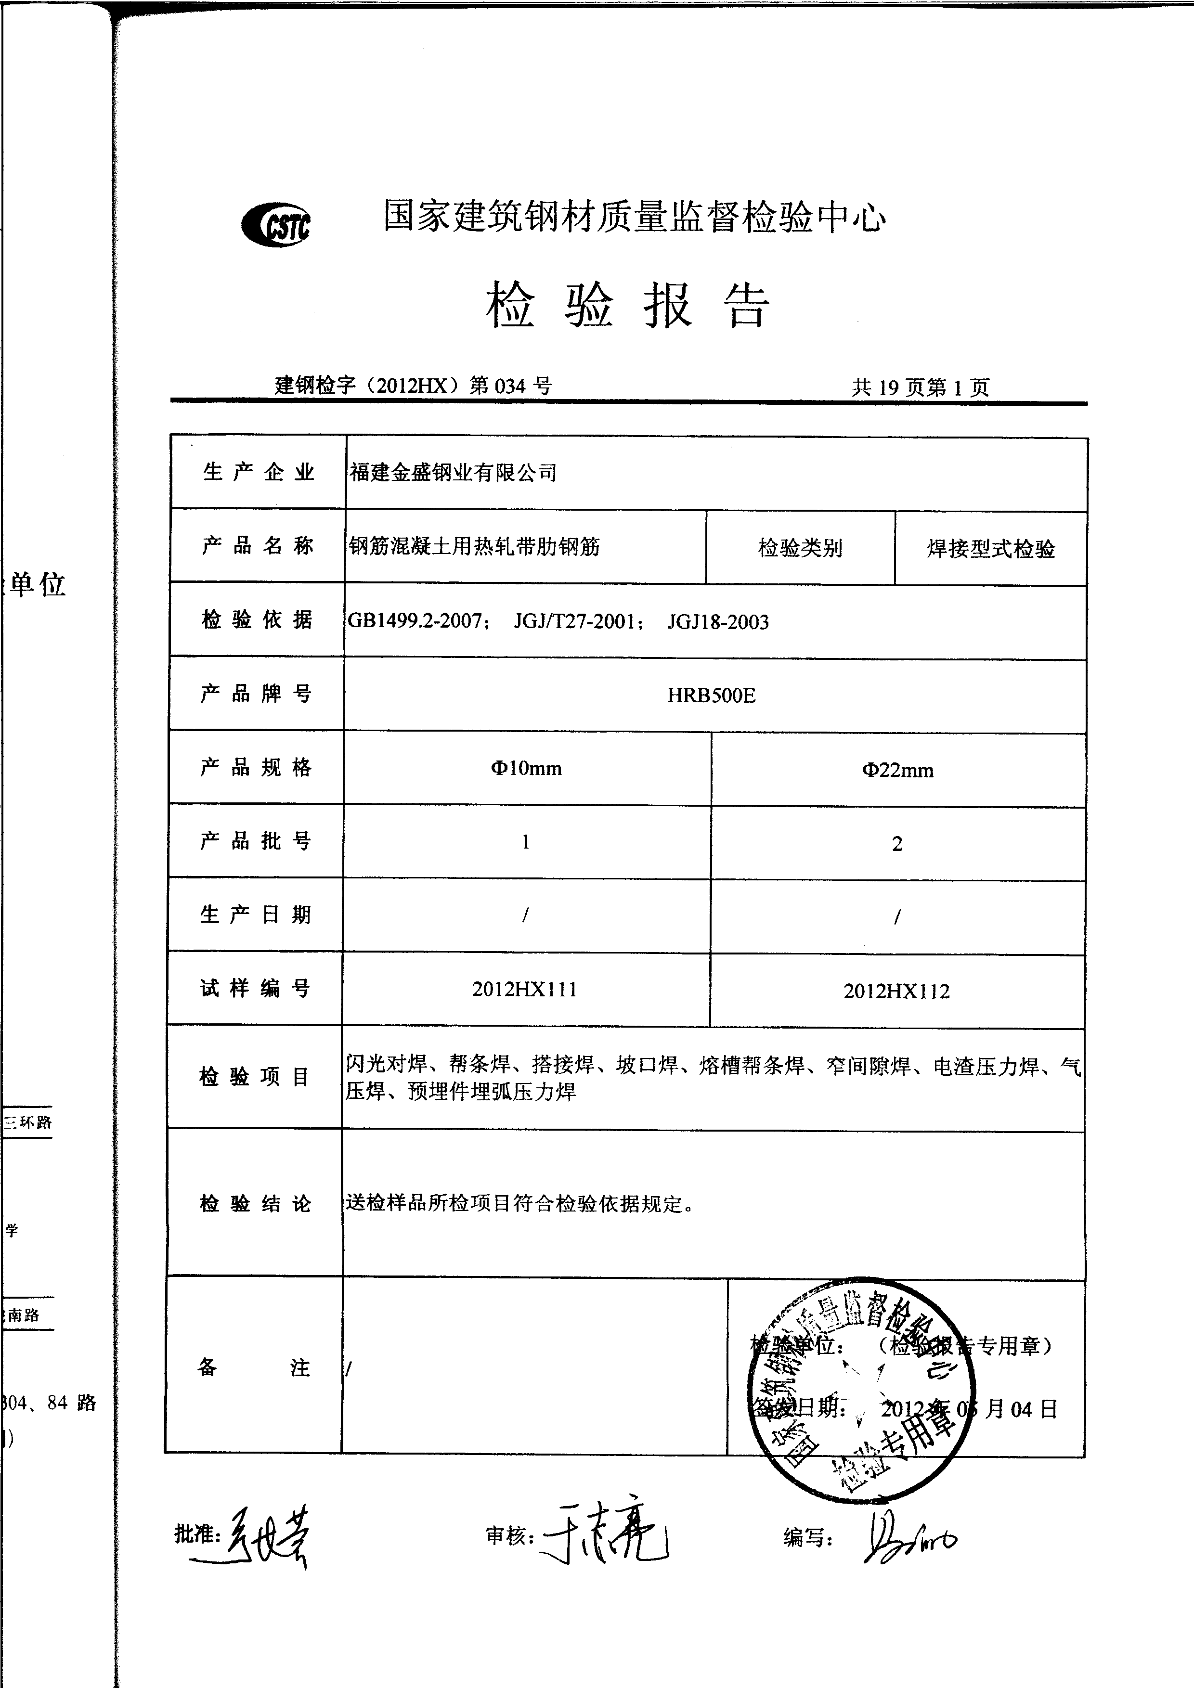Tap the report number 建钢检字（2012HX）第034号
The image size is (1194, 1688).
tap(413, 385)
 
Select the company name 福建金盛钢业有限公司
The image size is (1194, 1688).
tap(453, 473)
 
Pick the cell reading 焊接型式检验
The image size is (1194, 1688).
tap(990, 548)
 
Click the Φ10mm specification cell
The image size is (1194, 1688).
tap(526, 768)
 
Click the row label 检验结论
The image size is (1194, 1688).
tap(255, 1203)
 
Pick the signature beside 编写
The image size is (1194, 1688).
tap(908, 1536)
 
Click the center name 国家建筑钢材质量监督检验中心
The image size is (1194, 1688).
tap(635, 218)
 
